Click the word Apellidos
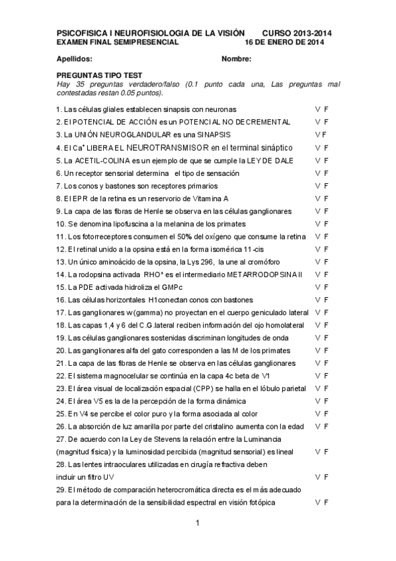[73, 60]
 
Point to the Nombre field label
[237, 60]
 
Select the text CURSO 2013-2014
[297, 32]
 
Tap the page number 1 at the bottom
[197, 524]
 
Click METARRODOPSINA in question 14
[260, 274]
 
